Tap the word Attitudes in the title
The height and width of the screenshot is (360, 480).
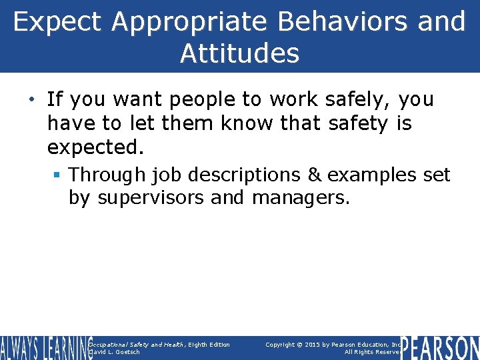[239, 53]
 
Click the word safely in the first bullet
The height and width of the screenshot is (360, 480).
[358, 100]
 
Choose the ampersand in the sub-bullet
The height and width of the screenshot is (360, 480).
[313, 175]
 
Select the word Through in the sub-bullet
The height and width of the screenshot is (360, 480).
[107, 175]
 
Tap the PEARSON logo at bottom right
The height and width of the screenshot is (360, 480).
[441, 348]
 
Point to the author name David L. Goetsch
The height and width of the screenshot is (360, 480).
[115, 352]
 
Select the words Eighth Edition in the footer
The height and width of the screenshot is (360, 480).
[209, 345]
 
